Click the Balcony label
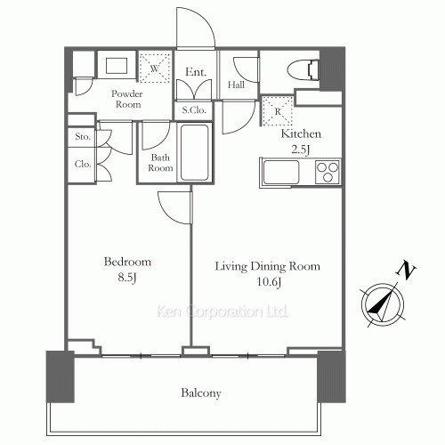tap(201, 392)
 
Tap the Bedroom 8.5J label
tap(127, 270)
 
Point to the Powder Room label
tap(126, 99)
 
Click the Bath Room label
tap(160, 162)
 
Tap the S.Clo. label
tap(196, 110)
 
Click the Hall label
tap(237, 85)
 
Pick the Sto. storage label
tap(83, 138)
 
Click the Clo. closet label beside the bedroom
tap(83, 164)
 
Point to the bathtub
tap(195, 154)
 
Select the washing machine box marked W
tap(155, 69)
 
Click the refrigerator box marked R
tap(279, 111)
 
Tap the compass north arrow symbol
tap(380, 303)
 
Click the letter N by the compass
tap(406, 269)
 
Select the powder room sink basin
tap(117, 67)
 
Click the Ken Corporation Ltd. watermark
tap(222, 312)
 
